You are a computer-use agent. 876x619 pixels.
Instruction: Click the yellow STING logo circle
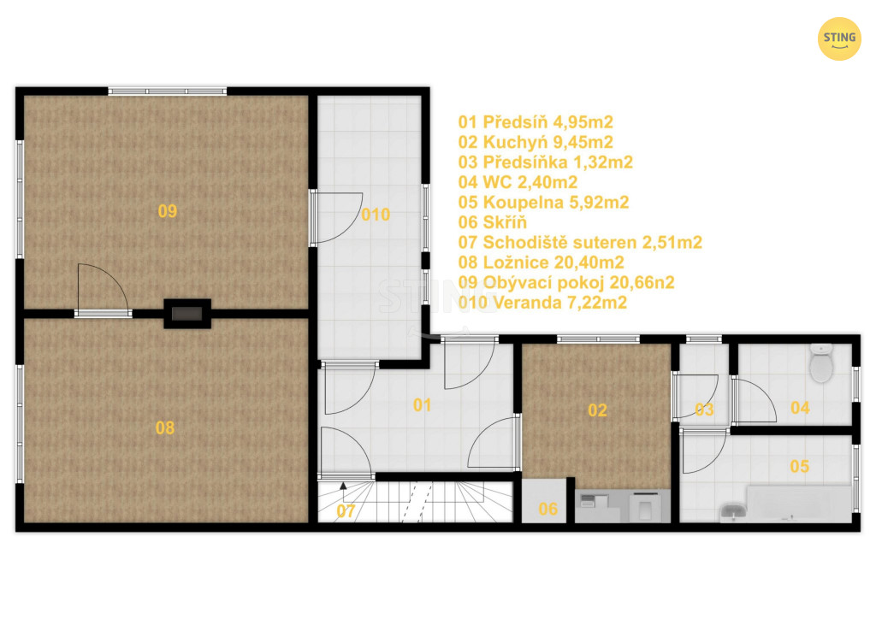(x=839, y=38)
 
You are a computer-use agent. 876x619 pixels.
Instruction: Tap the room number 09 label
(x=168, y=211)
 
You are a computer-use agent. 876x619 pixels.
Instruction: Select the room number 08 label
(x=165, y=428)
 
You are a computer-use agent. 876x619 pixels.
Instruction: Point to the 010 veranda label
(x=376, y=215)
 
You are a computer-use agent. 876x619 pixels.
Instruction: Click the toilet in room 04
(x=821, y=363)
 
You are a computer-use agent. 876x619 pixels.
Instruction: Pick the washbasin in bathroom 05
(x=732, y=511)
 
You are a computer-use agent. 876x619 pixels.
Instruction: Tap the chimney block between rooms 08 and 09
(x=187, y=313)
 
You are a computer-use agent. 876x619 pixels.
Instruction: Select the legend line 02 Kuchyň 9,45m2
(x=536, y=142)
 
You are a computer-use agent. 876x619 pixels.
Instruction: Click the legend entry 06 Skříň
(x=492, y=222)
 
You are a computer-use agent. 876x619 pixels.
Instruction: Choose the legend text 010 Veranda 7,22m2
(x=542, y=303)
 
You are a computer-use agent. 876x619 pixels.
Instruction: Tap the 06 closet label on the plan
(x=548, y=509)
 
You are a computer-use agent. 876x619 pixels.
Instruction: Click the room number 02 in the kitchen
(x=597, y=410)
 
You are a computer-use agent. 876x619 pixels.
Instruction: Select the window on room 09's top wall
(x=167, y=91)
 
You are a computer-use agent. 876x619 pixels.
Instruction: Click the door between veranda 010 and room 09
(x=313, y=218)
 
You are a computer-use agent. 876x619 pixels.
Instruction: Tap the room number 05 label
(x=800, y=467)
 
